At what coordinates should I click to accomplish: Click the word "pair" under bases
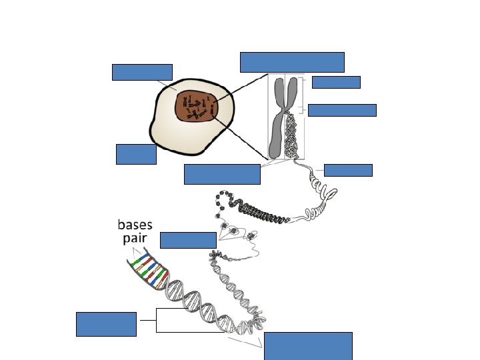[x=134, y=239]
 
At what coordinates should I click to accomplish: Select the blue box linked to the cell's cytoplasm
[x=142, y=72]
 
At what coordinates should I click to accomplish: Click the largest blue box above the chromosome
[x=292, y=62]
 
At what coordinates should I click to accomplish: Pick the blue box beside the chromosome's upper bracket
[x=335, y=82]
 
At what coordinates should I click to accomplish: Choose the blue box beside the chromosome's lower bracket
[x=342, y=110]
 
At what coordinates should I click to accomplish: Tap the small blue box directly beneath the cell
[x=136, y=154]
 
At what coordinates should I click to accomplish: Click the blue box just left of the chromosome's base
[x=222, y=174]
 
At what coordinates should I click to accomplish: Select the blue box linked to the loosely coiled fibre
[x=347, y=170]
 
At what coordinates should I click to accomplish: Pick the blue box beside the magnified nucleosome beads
[x=188, y=240]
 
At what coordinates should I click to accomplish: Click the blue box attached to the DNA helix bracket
[x=106, y=324]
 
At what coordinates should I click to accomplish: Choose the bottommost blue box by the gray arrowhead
[x=308, y=345]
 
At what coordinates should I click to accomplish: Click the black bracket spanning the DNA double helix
[x=157, y=320]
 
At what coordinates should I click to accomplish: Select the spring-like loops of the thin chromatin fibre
[x=327, y=195]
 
